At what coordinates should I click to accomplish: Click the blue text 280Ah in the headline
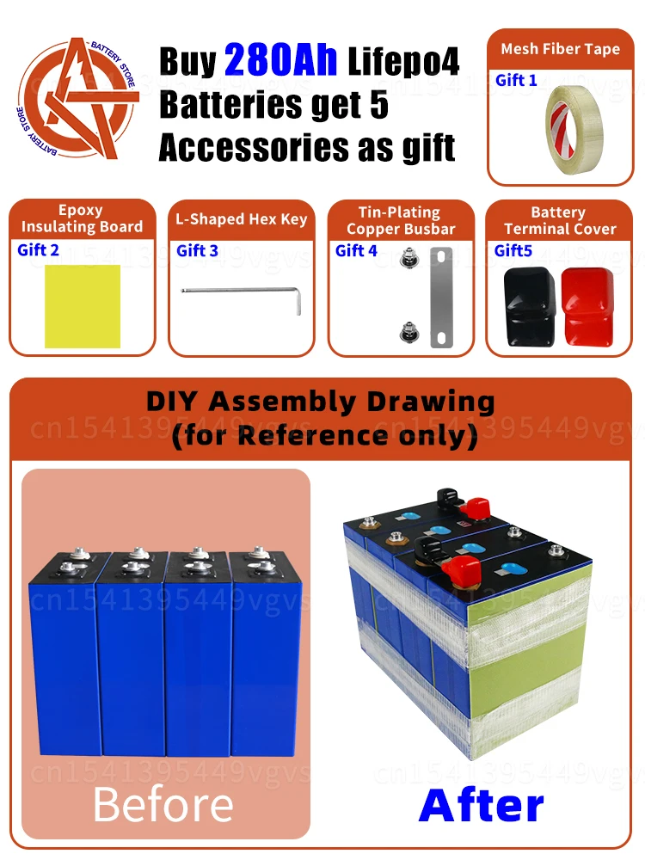(280, 60)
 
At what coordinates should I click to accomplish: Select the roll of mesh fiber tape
(574, 130)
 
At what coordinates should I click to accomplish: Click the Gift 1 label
(515, 81)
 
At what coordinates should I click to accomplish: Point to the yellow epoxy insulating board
(83, 306)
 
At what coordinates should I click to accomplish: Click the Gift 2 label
(38, 250)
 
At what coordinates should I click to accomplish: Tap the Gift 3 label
(197, 250)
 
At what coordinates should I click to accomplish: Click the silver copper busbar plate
(441, 298)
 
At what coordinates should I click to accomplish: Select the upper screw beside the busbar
(407, 257)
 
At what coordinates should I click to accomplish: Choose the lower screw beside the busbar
(407, 333)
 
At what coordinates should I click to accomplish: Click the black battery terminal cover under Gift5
(529, 306)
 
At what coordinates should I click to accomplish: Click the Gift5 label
(513, 250)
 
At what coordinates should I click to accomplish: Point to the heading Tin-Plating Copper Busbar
(401, 220)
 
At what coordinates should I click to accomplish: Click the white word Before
(163, 805)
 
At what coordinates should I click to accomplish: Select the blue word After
(481, 806)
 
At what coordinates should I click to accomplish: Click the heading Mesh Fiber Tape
(561, 49)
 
